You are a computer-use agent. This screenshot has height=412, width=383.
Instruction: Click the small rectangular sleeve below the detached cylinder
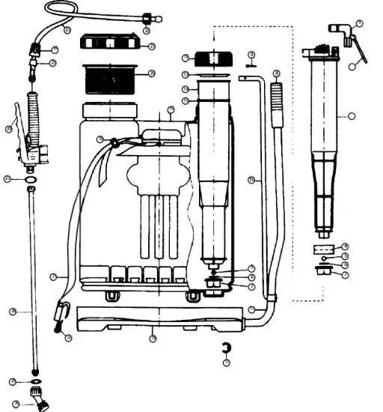click(x=323, y=246)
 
